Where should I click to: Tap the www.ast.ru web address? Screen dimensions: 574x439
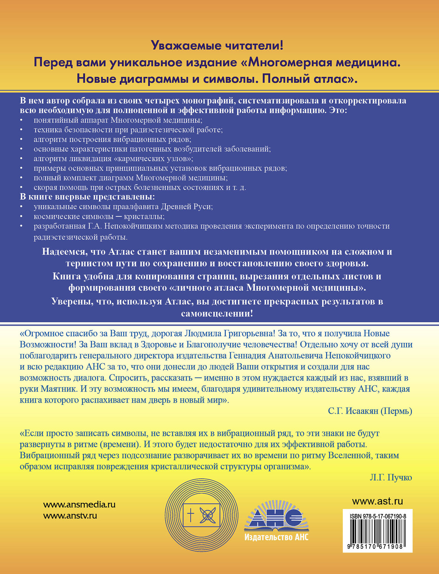377,501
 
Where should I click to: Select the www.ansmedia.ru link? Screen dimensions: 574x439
79,504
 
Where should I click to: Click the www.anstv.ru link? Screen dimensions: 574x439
70,515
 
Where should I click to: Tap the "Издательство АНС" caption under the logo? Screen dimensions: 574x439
276,537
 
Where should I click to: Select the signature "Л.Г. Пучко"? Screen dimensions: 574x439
391,477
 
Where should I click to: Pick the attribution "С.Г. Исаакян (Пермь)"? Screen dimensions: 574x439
370,411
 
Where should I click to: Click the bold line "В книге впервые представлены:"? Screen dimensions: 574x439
87,197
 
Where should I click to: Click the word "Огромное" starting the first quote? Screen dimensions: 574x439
42,333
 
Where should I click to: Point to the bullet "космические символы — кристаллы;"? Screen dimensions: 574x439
99,216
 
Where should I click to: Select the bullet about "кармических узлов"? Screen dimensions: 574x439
113,158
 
